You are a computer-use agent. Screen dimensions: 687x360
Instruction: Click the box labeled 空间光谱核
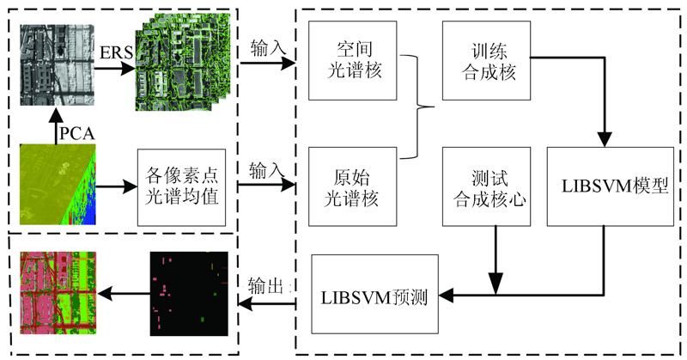pyautogui.click(x=353, y=60)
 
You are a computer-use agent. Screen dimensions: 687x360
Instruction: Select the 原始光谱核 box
pyautogui.click(x=353, y=186)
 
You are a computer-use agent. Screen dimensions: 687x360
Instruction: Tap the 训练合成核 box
pyautogui.click(x=486, y=60)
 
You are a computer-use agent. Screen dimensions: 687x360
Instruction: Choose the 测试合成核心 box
pyautogui.click(x=486, y=186)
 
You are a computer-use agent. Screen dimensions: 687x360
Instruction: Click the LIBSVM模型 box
pyautogui.click(x=611, y=186)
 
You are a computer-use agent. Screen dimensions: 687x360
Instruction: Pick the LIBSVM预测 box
pyautogui.click(x=374, y=294)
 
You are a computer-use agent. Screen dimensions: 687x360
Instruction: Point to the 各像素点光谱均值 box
pyautogui.click(x=182, y=187)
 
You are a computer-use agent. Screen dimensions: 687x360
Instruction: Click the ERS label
pyautogui.click(x=116, y=52)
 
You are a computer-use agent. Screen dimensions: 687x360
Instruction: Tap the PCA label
pyautogui.click(x=77, y=133)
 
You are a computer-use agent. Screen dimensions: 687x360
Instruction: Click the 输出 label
pyautogui.click(x=263, y=286)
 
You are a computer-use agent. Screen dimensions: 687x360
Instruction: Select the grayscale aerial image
pyautogui.click(x=57, y=65)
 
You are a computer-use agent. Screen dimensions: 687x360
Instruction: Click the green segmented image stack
pyautogui.click(x=183, y=61)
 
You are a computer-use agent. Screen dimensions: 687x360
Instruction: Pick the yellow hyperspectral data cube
pyautogui.click(x=58, y=184)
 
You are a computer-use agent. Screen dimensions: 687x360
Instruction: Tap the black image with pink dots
pyautogui.click(x=189, y=293)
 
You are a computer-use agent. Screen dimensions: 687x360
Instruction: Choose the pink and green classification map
pyautogui.click(x=58, y=293)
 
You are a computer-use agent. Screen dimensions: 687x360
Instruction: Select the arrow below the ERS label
pyautogui.click(x=115, y=68)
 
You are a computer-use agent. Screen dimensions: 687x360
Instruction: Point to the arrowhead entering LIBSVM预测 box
pyautogui.click(x=446, y=295)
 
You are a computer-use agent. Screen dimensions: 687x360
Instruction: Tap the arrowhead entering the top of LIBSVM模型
pyautogui.click(x=605, y=139)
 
